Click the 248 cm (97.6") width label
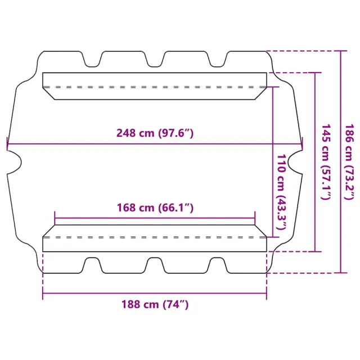click(155, 133)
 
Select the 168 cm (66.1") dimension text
click(155, 208)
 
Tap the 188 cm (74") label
click(155, 304)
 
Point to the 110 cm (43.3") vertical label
click(281, 192)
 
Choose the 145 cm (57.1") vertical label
click(326, 162)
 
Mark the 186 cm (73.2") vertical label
click(350, 162)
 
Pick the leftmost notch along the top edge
click(92, 59)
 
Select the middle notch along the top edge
click(155, 59)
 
